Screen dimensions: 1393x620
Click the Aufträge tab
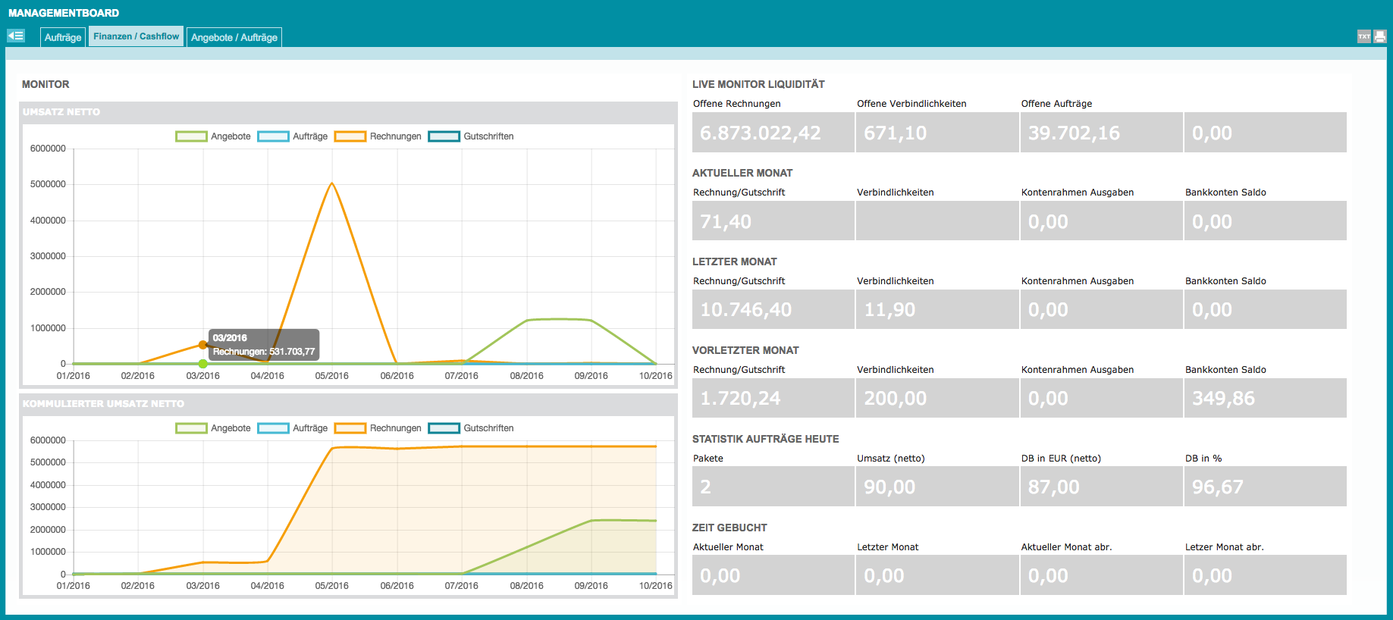pos(63,37)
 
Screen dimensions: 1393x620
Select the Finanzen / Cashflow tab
pos(136,36)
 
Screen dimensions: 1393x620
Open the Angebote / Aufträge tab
pos(234,37)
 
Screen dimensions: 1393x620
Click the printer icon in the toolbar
pos(1380,36)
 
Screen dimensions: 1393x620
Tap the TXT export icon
pos(1364,36)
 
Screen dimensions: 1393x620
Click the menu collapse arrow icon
pos(16,36)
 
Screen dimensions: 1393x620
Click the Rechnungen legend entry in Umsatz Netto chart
pos(378,136)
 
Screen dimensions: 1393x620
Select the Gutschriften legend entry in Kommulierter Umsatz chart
pos(471,428)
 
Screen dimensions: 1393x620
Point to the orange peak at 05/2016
pos(332,183)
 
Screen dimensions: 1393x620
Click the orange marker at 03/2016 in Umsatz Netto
pos(202,345)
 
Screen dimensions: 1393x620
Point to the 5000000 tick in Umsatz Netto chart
pos(48,184)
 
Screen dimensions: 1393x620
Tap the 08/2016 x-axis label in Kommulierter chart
pos(526,586)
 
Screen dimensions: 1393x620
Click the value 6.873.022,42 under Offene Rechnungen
pos(760,133)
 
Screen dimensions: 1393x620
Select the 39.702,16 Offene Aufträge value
pos(1074,133)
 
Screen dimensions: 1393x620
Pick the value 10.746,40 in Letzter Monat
pos(745,309)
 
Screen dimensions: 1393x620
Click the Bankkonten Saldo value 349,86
pos(1223,398)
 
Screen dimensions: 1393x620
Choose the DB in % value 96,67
pos(1217,487)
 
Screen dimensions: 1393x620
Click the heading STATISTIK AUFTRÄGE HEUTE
pos(765,439)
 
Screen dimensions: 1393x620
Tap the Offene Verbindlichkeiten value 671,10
pos(895,133)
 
